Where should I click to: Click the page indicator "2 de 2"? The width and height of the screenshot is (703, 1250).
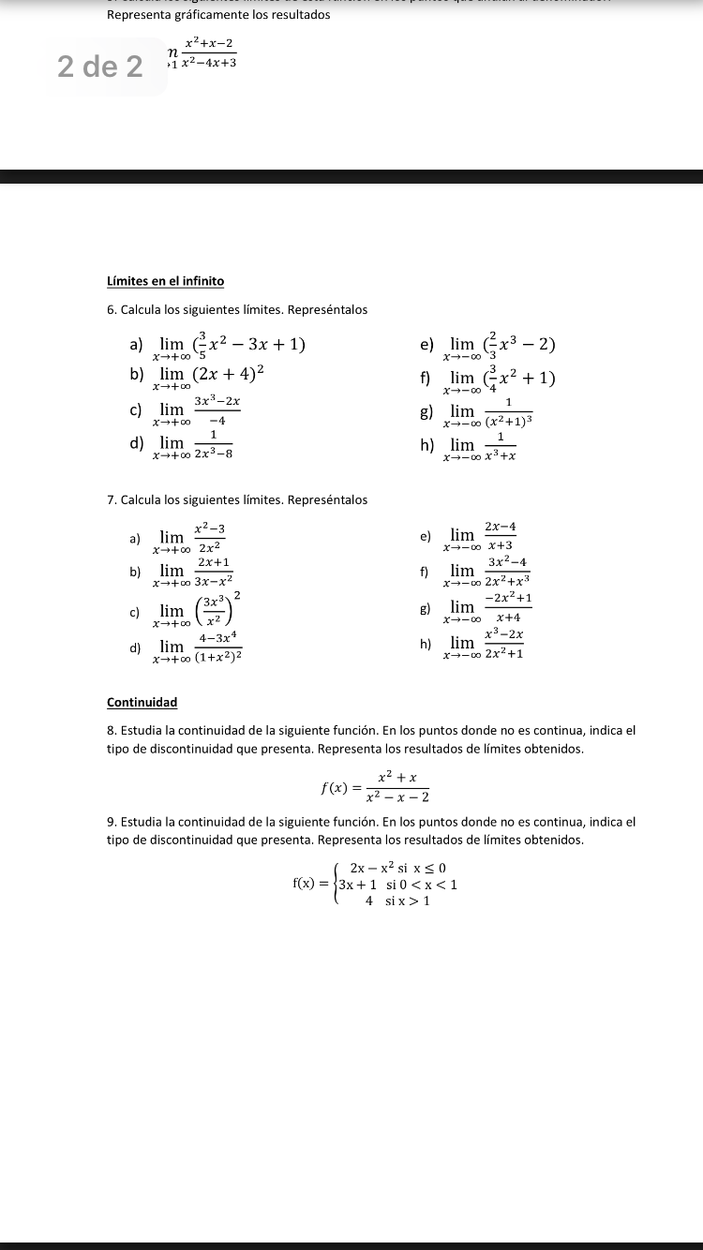100,67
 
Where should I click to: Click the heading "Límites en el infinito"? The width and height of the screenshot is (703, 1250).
165,281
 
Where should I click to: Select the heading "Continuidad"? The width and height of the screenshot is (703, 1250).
142,702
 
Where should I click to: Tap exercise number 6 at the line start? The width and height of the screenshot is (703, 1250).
112,309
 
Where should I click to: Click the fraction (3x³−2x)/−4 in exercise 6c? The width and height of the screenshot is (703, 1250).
217,409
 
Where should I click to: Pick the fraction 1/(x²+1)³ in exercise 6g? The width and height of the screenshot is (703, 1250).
506,410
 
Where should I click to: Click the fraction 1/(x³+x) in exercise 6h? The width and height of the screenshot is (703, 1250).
501,445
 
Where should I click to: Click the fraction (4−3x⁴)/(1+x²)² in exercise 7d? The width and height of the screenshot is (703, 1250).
220,646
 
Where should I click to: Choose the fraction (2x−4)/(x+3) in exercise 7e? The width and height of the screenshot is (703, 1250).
501,536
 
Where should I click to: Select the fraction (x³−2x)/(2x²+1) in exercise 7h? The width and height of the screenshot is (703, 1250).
503,645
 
